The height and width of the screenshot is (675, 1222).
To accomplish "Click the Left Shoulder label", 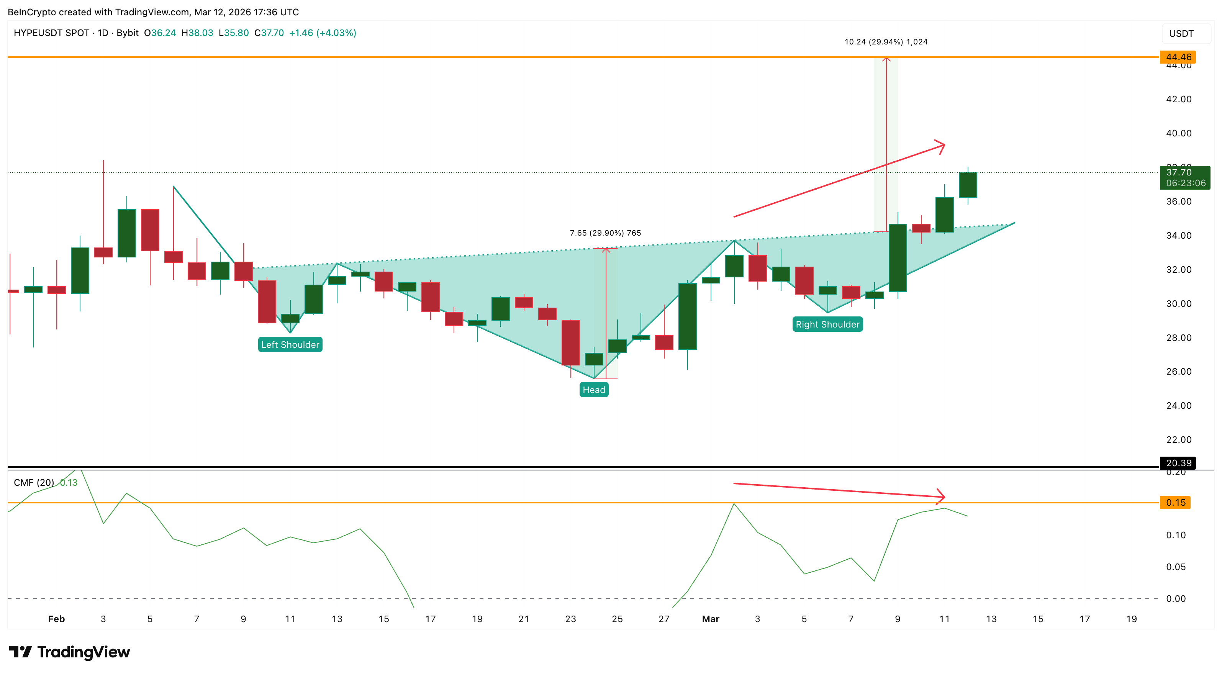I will pos(290,344).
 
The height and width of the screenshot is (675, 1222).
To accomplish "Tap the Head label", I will pos(593,390).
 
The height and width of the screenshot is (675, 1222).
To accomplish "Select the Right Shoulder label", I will pos(827,324).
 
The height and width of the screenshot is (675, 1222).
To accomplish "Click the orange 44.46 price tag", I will pos(1178,57).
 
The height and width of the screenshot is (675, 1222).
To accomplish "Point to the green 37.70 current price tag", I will pos(1184,177).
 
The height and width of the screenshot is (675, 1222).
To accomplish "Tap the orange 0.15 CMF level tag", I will pos(1174,502).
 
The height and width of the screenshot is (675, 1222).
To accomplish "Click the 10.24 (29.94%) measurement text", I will pos(886,42).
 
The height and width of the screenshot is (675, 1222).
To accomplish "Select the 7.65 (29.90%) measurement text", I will pos(605,233).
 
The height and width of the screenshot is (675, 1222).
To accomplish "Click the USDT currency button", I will pos(1181,34).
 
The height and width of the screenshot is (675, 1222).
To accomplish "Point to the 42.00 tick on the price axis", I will pos(1178,99).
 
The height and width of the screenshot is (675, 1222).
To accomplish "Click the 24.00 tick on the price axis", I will pos(1178,406).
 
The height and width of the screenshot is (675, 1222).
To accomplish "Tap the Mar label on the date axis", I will pos(711,619).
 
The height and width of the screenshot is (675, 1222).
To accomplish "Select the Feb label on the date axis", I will pos(56,619).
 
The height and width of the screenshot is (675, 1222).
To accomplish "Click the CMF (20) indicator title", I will pos(34,482).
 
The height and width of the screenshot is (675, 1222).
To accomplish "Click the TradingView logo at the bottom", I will pos(70,652).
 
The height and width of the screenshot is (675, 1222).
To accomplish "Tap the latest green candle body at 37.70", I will pos(968,185).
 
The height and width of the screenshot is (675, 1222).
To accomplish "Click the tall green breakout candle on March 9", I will pos(898,257).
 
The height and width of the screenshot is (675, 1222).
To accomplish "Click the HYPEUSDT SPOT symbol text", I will pos(51,33).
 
